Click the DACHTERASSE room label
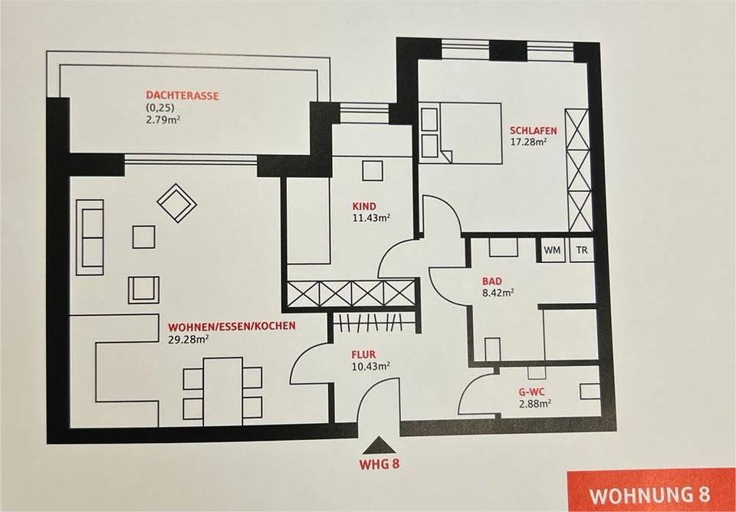pos(182,96)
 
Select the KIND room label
pos(365,206)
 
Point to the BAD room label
pos(492,281)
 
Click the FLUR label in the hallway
pos(363,355)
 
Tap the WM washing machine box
pos(552,250)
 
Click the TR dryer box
pos(582,250)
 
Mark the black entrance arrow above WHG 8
pos(379,444)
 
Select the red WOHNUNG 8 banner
pos(651,493)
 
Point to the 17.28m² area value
pos(528,142)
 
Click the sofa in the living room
pos(90,237)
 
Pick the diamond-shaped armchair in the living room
pos(177,202)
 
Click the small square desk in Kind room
pos(373,170)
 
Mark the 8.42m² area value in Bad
pos(498,292)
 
